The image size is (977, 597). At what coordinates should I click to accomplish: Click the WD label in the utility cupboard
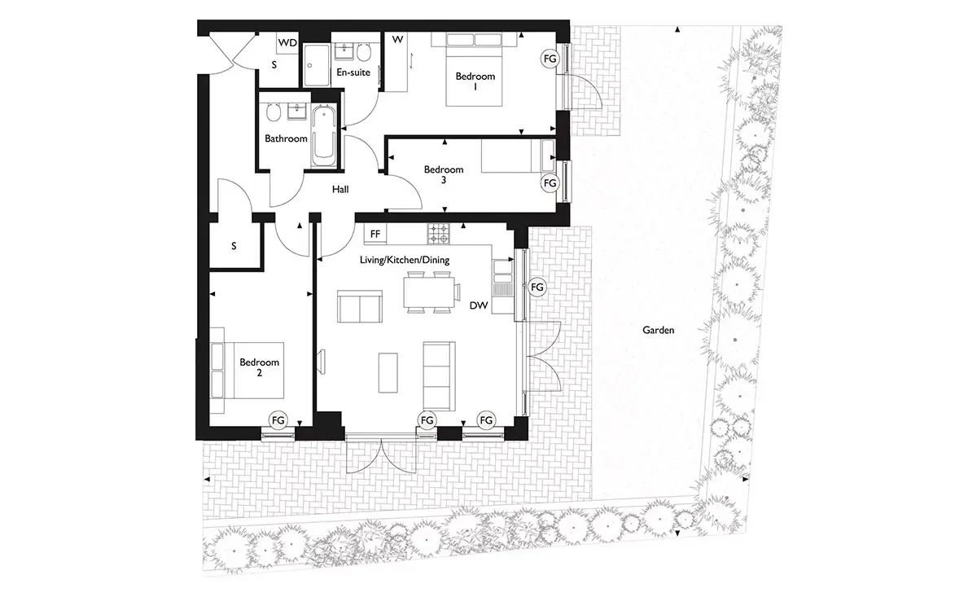(x=287, y=43)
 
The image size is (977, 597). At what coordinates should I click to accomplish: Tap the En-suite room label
(x=353, y=72)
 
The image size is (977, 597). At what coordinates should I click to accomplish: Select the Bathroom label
(x=286, y=138)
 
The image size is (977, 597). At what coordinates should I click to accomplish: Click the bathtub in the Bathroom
(x=324, y=135)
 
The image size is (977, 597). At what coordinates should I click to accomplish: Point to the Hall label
(x=340, y=190)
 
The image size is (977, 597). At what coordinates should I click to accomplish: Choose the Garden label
(x=658, y=331)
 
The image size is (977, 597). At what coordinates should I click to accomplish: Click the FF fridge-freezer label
(x=375, y=235)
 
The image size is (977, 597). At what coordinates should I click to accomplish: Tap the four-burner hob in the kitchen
(x=438, y=234)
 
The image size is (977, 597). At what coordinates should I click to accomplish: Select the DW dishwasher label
(x=479, y=305)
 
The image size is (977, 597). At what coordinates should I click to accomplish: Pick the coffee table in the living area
(x=388, y=373)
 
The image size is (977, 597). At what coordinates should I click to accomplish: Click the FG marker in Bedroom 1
(x=550, y=59)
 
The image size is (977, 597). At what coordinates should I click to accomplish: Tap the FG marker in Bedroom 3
(x=550, y=183)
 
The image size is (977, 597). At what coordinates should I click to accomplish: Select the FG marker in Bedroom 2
(x=278, y=420)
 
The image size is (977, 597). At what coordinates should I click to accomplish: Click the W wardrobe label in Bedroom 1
(x=397, y=40)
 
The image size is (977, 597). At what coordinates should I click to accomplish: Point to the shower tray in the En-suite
(x=317, y=64)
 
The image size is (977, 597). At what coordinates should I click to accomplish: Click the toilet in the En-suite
(x=363, y=53)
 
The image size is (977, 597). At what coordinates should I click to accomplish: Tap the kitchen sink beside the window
(x=502, y=270)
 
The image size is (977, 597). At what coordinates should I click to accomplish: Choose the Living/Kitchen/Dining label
(x=405, y=260)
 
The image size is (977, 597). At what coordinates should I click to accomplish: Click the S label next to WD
(x=274, y=65)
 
